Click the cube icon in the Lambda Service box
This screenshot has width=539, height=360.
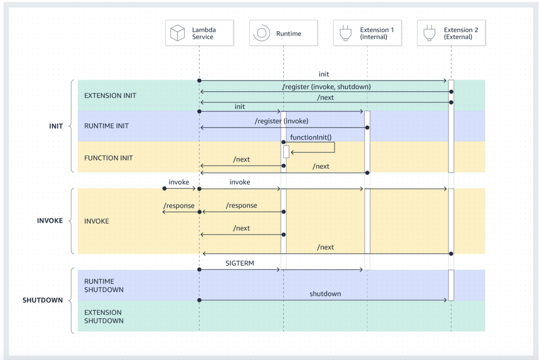tap(177, 33)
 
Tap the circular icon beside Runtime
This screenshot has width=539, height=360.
tap(261, 33)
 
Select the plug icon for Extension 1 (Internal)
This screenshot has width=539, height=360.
tap(345, 33)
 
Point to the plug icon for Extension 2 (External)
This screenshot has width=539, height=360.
tap(429, 33)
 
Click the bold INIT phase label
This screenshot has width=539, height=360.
tap(56, 126)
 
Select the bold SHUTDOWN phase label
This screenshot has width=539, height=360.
tap(43, 300)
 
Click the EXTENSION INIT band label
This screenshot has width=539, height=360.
tap(110, 96)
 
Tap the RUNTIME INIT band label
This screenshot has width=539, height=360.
tap(106, 126)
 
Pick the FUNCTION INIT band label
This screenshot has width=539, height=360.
tap(108, 158)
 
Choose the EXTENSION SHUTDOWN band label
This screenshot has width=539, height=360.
tap(104, 316)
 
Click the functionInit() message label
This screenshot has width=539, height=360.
tap(311, 137)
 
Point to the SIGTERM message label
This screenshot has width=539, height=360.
tap(240, 263)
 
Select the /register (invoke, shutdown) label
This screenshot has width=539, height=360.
tap(326, 87)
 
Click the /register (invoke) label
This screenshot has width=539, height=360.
tap(282, 121)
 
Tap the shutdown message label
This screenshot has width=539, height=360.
tap(325, 294)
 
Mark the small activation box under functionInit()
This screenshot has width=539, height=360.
tap(286, 152)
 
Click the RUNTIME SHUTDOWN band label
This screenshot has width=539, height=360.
tap(104, 285)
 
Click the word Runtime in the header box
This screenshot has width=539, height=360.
tap(288, 33)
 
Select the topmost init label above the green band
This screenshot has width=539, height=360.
tap(324, 74)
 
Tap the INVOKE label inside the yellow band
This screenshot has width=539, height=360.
tap(97, 221)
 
